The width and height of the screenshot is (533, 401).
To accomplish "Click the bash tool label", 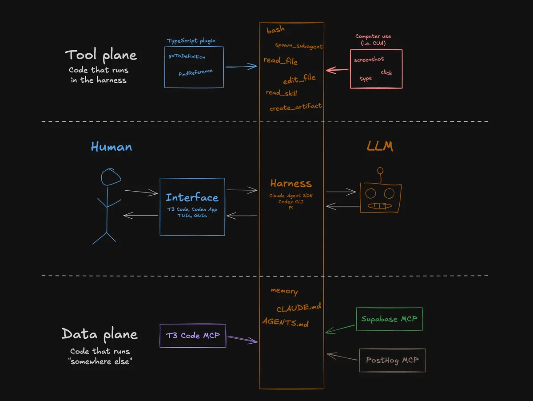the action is point(275,30).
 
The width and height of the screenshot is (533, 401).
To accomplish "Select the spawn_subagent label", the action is point(298,46).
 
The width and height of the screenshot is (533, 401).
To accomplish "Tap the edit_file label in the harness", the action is point(299,79).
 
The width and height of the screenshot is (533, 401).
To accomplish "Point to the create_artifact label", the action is point(295,107).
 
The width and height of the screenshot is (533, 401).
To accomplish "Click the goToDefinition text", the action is point(187,56).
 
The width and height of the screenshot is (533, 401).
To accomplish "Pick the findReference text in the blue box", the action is point(195,72).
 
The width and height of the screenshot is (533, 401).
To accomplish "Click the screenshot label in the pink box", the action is point(369,60).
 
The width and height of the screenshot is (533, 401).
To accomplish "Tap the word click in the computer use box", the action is point(386,72).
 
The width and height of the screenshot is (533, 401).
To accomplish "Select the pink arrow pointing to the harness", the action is point(337,70).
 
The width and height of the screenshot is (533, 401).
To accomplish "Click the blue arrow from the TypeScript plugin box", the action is point(241,66).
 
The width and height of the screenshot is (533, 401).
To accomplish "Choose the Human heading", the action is point(111,147).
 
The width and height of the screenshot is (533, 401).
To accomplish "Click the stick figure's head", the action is point(111,177).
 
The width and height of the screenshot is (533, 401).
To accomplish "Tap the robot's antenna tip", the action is point(380,171).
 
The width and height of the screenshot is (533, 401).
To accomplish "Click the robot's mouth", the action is point(380,206).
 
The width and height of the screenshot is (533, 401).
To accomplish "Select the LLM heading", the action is point(380,146).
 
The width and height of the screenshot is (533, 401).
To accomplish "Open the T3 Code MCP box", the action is point(193,336).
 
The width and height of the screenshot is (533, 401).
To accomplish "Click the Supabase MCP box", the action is point(389,319).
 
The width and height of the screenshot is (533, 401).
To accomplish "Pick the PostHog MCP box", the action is point(392,360).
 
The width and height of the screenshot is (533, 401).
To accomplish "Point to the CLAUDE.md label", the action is point(298,308).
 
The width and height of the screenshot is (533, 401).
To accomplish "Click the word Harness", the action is point(291,184).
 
